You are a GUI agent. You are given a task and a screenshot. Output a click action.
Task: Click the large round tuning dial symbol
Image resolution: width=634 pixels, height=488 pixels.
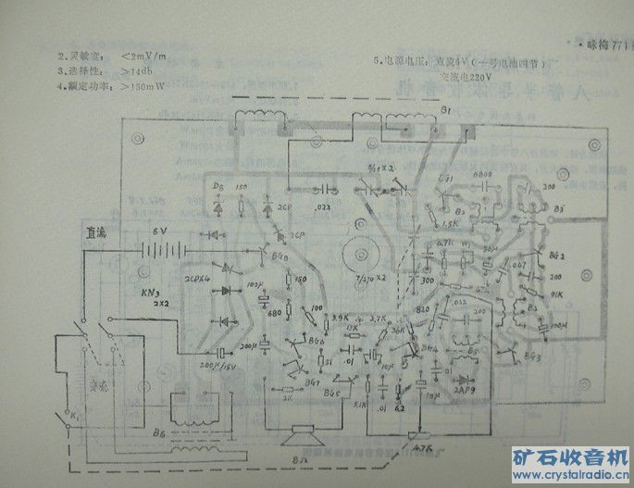pos(355,253)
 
